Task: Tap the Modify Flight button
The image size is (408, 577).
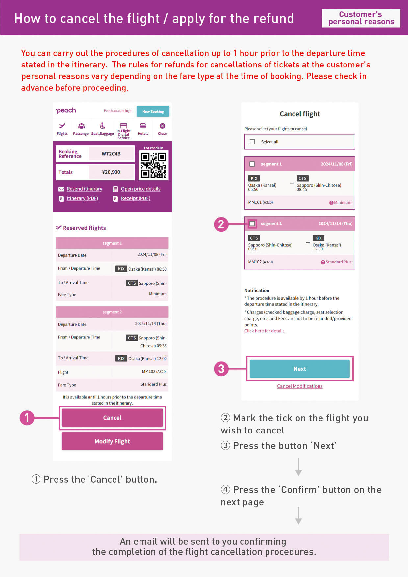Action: (112, 441)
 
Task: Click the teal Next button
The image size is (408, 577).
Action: (300, 369)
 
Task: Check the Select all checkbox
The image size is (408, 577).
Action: (252, 142)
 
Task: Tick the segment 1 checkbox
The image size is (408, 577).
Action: (252, 164)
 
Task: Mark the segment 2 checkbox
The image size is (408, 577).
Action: (252, 223)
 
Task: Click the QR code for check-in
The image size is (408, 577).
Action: (153, 165)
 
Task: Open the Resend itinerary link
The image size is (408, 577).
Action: (84, 189)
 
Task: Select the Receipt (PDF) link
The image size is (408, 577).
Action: (136, 198)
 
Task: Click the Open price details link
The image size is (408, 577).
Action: (140, 189)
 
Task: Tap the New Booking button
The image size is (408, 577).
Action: (153, 111)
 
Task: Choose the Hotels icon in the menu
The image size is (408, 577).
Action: (143, 129)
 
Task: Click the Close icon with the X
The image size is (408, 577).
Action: (162, 129)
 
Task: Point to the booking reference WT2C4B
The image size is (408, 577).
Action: (111, 154)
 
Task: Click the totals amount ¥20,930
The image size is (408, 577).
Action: (111, 172)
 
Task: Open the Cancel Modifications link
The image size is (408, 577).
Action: (300, 386)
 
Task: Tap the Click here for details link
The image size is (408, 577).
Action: (264, 331)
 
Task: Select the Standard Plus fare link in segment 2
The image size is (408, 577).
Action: (338, 262)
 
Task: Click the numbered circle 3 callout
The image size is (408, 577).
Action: (221, 369)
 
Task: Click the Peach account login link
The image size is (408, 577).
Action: (118, 111)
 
